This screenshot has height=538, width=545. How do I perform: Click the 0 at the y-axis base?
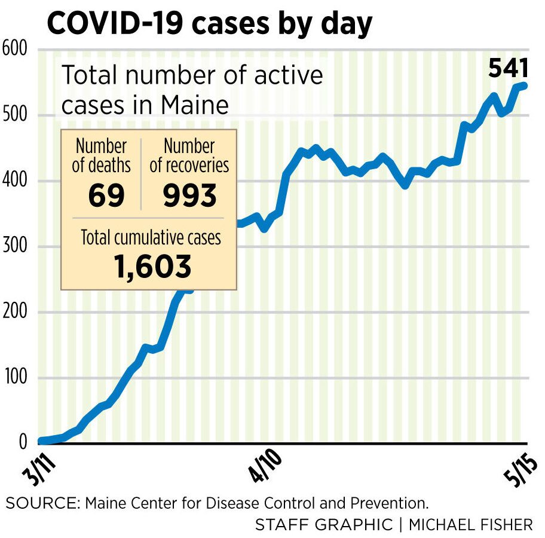tap(23, 442)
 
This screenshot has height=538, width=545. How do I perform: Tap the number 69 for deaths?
tap(106, 195)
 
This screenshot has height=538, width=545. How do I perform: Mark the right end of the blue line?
tap(524, 86)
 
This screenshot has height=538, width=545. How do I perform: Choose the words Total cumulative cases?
tap(151, 238)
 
